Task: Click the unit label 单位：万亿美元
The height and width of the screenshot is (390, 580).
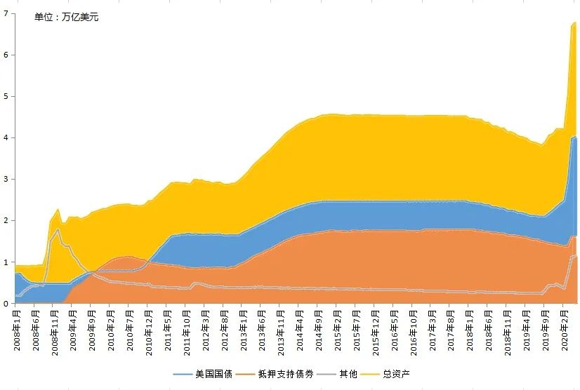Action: [67, 17]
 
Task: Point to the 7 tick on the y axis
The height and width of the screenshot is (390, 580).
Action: [6, 13]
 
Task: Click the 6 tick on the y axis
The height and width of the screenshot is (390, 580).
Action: [6, 55]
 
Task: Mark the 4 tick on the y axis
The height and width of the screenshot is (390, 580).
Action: [6, 137]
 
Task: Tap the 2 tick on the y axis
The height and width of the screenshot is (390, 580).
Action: [6, 220]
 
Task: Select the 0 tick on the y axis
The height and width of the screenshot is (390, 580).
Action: [6, 303]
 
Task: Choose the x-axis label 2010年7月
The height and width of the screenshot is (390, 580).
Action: [130, 328]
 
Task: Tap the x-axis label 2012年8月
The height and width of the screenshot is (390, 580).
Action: [224, 328]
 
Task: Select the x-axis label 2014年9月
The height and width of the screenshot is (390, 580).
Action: [318, 328]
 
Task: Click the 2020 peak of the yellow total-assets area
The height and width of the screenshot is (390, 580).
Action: [575, 22]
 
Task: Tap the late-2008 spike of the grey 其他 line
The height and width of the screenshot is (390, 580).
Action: [58, 229]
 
